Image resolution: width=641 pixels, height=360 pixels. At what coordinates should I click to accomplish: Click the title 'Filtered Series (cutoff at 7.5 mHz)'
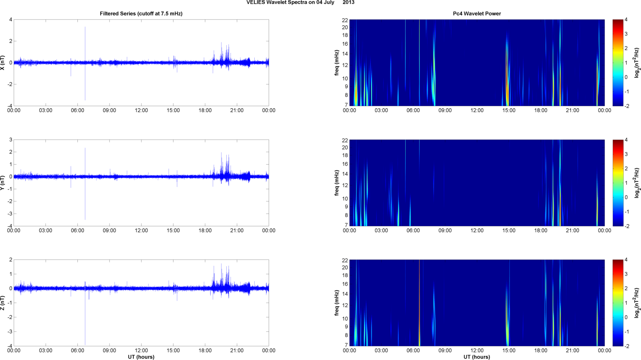tap(141, 14)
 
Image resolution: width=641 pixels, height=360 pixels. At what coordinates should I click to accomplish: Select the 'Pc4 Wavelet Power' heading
tap(477, 14)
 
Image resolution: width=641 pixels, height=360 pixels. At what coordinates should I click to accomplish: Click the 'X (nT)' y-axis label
tap(3, 63)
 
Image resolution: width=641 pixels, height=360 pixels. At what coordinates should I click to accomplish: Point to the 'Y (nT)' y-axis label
tap(3, 183)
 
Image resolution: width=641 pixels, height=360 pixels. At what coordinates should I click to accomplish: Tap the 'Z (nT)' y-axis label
tap(3, 303)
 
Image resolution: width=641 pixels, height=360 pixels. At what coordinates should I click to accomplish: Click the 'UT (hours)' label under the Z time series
tap(141, 357)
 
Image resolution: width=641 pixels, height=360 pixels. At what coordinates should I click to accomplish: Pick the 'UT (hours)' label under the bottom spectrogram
tap(477, 357)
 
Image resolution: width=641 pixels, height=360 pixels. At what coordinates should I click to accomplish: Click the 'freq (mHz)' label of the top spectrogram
tap(337, 63)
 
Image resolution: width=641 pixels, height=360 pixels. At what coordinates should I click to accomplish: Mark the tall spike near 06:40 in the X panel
tap(85, 42)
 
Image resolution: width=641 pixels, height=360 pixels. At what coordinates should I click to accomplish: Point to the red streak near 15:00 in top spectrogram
tap(506, 76)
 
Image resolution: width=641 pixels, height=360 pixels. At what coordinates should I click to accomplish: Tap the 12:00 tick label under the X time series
tap(141, 110)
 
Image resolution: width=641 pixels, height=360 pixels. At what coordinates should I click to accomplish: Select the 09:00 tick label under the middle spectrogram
tap(445, 231)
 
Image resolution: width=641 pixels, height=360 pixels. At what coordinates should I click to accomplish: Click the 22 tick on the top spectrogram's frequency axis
tap(345, 20)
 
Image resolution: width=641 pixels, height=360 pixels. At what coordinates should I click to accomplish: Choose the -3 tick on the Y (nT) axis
tap(9, 214)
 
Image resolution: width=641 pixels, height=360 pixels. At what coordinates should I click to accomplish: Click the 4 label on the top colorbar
tap(626, 20)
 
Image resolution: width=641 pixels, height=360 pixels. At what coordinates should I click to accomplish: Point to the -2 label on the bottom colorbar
tap(627, 346)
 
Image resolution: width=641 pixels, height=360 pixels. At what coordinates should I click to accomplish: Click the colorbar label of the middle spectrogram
tap(637, 183)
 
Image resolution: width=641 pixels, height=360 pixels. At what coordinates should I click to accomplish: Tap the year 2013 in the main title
tap(349, 3)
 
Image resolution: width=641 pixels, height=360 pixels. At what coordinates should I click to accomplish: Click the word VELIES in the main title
tap(255, 3)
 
